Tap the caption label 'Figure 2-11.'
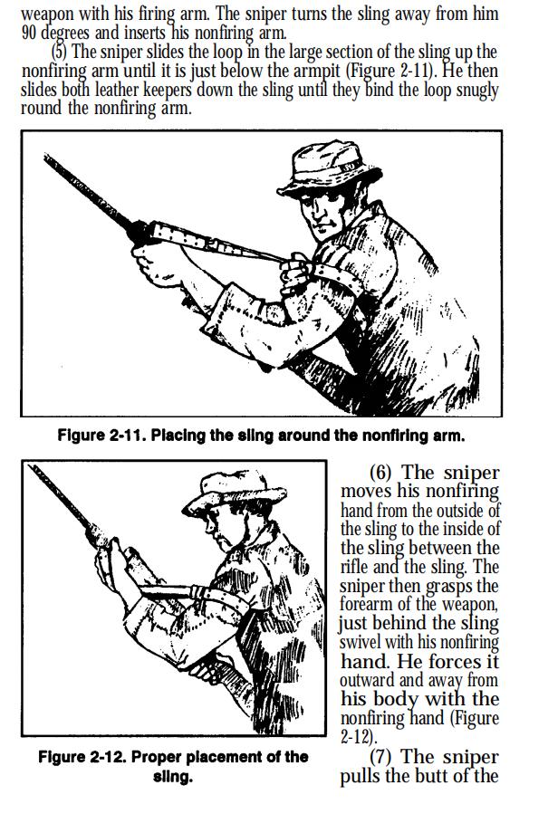(101, 435)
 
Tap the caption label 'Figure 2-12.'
(82, 758)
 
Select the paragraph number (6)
(383, 473)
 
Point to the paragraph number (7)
(383, 757)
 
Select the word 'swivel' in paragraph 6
(361, 642)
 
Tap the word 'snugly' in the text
(477, 91)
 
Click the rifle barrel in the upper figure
(89, 191)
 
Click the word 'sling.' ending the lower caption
(173, 777)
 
